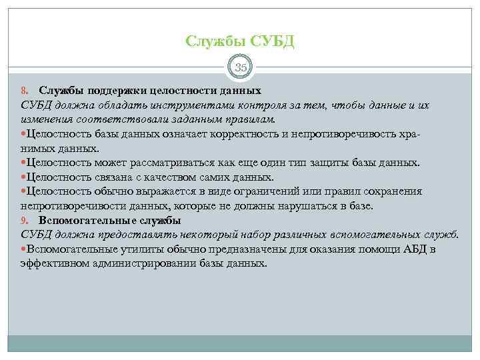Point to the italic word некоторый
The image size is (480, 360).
click(201, 235)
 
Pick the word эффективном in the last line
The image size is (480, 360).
click(53, 263)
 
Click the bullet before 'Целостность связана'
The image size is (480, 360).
click(24, 177)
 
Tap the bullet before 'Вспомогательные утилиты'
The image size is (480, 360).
click(24, 249)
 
